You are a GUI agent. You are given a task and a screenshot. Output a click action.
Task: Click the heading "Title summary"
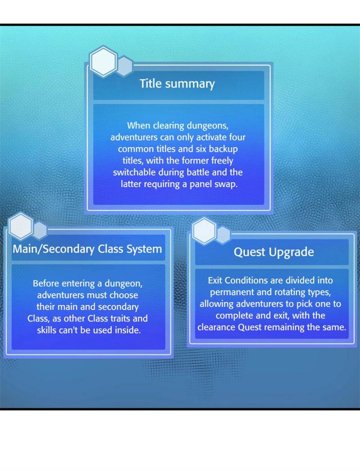(177, 84)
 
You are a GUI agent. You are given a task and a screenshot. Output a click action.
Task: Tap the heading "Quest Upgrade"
(274, 252)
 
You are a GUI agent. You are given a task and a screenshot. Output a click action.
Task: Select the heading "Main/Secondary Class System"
(87, 249)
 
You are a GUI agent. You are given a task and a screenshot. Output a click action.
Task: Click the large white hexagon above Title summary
(103, 62)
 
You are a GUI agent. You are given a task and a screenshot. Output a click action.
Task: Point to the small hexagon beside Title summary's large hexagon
(124, 66)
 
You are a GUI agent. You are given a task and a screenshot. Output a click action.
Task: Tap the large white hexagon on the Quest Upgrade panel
(204, 231)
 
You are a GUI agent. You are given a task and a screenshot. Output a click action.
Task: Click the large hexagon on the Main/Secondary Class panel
(20, 226)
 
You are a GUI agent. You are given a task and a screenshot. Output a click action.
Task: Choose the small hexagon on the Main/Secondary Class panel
(40, 231)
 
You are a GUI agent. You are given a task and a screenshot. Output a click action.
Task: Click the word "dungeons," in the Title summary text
(207, 126)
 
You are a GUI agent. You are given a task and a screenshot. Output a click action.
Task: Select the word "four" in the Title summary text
(238, 137)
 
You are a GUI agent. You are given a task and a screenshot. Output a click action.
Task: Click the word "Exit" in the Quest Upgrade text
(215, 280)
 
